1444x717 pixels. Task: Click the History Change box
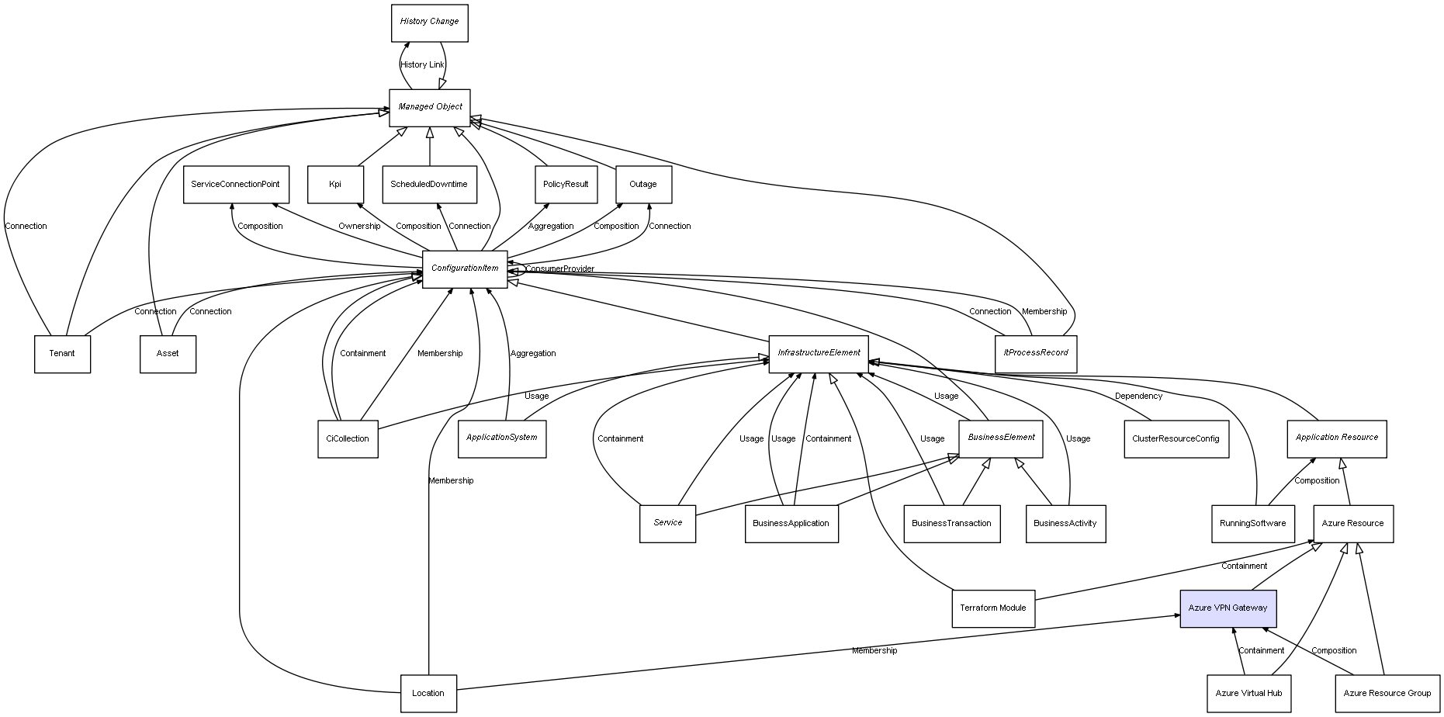click(429, 23)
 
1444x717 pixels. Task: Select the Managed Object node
click(430, 107)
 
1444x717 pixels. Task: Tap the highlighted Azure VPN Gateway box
click(1228, 608)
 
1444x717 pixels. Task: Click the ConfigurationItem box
click(465, 269)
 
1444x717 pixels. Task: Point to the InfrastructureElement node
click(819, 354)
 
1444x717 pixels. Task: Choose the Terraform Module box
click(992, 608)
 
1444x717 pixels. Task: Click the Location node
click(428, 694)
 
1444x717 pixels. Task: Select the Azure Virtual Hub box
click(1248, 694)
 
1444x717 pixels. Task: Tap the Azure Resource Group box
click(1387, 694)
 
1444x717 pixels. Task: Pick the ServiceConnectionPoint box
click(236, 185)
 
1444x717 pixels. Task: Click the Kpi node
click(335, 185)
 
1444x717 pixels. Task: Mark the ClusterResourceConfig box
click(1176, 439)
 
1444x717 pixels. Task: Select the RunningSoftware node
click(1252, 524)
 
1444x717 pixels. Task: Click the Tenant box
click(62, 354)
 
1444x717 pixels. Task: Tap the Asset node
click(168, 354)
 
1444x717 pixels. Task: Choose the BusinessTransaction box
click(951, 524)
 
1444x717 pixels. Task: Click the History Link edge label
click(422, 65)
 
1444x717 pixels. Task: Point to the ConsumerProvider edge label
click(559, 269)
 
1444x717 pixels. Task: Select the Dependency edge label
click(1138, 397)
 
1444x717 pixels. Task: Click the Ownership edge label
click(359, 227)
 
